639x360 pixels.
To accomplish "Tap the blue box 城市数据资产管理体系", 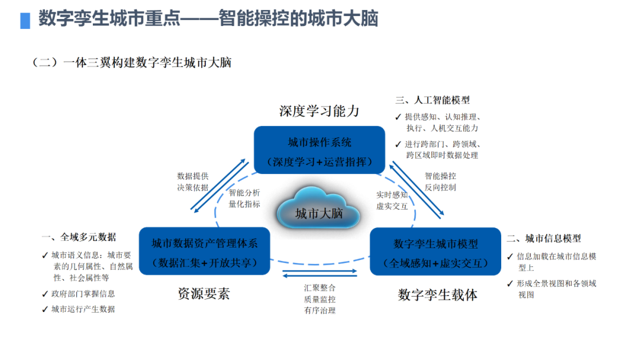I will (x=204, y=252).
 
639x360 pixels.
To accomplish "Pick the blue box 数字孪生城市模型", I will (x=435, y=252).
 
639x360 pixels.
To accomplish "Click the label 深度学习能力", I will (x=319, y=111).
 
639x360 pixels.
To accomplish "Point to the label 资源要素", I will (x=204, y=294).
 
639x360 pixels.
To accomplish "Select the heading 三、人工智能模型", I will (x=433, y=101).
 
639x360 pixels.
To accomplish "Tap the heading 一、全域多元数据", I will (x=79, y=237).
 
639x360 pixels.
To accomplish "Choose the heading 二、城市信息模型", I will (x=544, y=239).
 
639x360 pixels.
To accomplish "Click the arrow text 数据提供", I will (x=193, y=176).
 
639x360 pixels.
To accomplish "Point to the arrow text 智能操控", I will (x=440, y=176).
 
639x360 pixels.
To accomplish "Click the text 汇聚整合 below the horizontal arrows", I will (x=319, y=288).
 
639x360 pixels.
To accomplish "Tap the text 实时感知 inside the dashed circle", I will (x=392, y=194).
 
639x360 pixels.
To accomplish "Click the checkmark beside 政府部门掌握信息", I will (x=46, y=294).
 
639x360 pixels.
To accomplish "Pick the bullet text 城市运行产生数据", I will (x=83, y=309).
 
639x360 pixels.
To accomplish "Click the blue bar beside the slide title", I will (x=25, y=20).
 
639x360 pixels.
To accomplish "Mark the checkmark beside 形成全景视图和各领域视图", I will (x=511, y=284).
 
